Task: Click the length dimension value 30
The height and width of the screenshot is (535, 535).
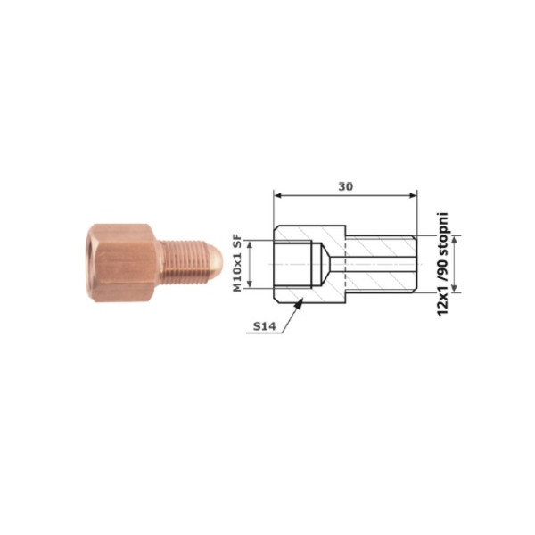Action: pyautogui.click(x=346, y=186)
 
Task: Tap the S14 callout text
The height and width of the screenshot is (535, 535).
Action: pyautogui.click(x=264, y=326)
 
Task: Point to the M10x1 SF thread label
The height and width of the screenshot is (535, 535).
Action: pyautogui.click(x=237, y=263)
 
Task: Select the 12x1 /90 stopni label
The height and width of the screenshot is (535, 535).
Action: pyautogui.click(x=442, y=265)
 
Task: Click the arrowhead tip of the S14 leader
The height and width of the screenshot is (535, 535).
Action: pyautogui.click(x=302, y=299)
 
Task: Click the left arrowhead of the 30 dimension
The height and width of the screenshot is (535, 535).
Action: pyautogui.click(x=274, y=195)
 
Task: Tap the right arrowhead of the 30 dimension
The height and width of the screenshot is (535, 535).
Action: pyautogui.click(x=416, y=195)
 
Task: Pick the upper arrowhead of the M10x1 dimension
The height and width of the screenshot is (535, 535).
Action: pyautogui.click(x=250, y=240)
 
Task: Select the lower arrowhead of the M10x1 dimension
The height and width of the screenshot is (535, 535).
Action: pyautogui.click(x=250, y=288)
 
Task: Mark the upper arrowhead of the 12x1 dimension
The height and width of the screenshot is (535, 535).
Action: pyautogui.click(x=454, y=235)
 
